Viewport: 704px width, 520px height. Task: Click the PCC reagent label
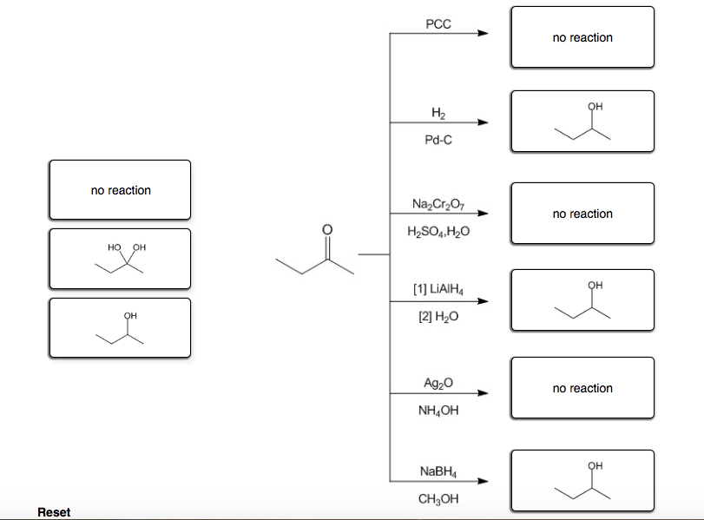(x=438, y=24)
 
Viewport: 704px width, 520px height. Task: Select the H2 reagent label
(x=438, y=114)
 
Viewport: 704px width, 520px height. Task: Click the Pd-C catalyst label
(x=438, y=139)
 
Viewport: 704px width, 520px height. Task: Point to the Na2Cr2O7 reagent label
(x=438, y=204)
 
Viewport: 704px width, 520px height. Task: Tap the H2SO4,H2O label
(x=438, y=233)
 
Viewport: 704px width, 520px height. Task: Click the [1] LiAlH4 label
(x=438, y=291)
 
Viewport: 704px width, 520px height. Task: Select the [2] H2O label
(x=438, y=319)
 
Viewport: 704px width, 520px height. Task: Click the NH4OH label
(x=438, y=411)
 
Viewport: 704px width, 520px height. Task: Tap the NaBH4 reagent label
(x=438, y=471)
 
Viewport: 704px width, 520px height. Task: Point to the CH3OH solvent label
(x=438, y=499)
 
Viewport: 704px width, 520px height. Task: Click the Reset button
(x=54, y=512)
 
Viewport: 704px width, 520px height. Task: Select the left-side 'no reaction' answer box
(x=120, y=189)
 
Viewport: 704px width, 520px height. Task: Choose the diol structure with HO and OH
(x=120, y=258)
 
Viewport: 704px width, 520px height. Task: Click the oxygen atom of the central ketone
(x=326, y=229)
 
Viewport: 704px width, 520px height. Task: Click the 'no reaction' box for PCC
(x=582, y=37)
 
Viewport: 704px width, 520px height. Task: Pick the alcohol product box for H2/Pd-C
(x=582, y=122)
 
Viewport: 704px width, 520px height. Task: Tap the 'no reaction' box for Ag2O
(x=582, y=388)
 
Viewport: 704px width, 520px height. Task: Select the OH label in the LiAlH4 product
(x=595, y=285)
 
